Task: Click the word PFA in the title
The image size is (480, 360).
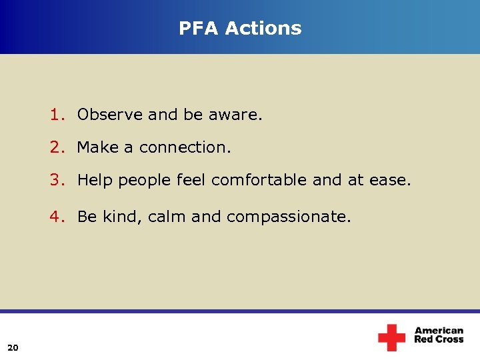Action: pos(199,28)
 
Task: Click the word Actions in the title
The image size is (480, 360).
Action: pos(263,28)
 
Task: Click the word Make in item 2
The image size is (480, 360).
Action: pos(98,147)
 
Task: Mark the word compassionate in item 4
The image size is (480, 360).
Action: pos(288,217)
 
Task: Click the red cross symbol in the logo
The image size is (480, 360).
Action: pos(391,337)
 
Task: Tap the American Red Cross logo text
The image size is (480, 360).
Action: pos(439,335)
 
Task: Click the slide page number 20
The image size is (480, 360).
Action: pos(13,346)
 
